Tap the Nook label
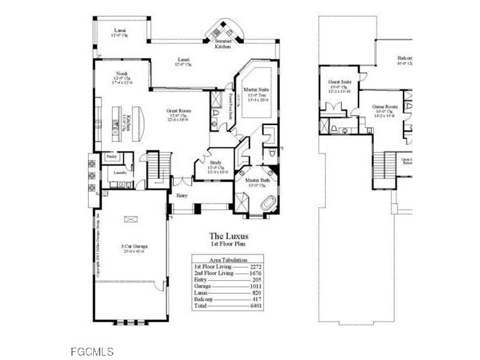tap(121, 74)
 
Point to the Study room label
tap(215, 163)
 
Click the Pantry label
tap(111, 156)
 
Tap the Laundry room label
tap(119, 172)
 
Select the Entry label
tap(182, 195)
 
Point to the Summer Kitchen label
tap(223, 44)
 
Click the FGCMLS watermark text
tap(92, 352)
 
